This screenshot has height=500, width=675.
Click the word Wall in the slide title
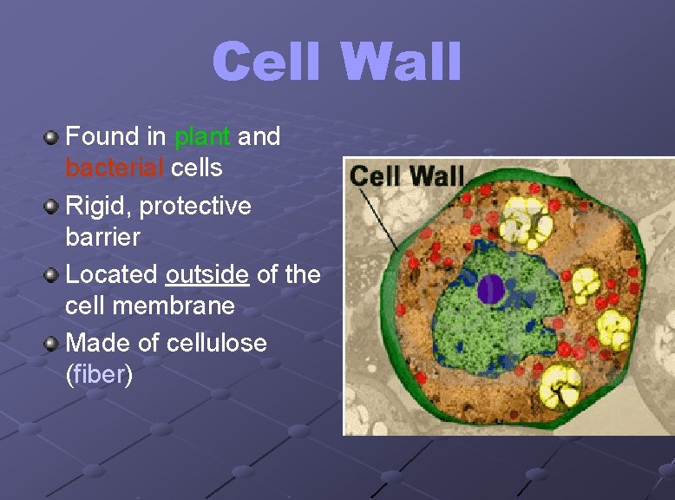(x=400, y=62)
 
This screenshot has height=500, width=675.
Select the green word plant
(x=202, y=136)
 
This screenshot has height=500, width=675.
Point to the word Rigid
(x=98, y=207)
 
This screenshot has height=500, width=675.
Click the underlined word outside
(x=207, y=275)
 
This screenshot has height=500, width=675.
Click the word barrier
(x=102, y=237)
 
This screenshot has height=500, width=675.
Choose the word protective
(x=195, y=207)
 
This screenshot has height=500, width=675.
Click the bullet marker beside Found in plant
(x=52, y=137)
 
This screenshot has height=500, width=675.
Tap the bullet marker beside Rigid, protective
(x=52, y=207)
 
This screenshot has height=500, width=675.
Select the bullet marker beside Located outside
(x=52, y=275)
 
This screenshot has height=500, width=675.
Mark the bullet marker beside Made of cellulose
(x=52, y=344)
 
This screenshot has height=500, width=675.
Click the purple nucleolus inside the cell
(x=491, y=288)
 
